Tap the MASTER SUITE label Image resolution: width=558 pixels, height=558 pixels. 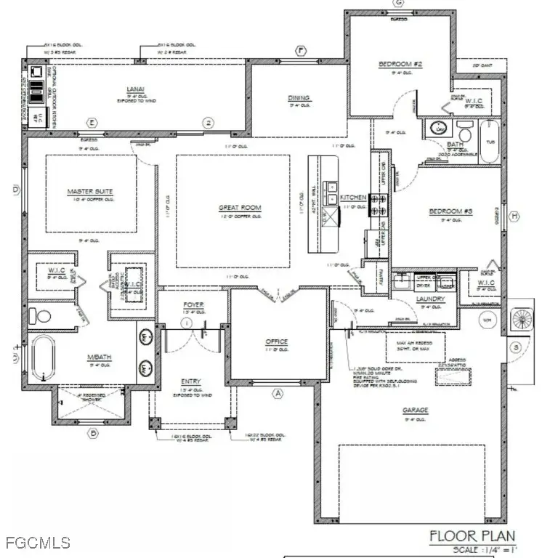90,192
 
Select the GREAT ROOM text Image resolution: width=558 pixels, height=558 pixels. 240,208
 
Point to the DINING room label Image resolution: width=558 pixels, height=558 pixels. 299,98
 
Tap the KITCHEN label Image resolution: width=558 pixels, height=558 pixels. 354,198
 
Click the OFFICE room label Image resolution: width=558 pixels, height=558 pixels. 276,341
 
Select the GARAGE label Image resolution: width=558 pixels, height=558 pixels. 416,411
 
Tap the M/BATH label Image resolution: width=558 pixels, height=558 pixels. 98,357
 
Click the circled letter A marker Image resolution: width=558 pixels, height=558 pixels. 276,393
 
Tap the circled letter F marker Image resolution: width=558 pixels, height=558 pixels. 300,50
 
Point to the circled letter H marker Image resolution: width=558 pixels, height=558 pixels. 514,217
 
